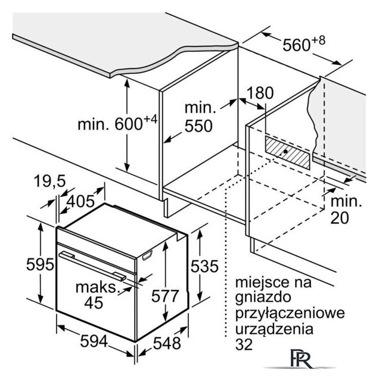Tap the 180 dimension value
click(x=259, y=93)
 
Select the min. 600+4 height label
click(x=117, y=124)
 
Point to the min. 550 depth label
click(x=199, y=117)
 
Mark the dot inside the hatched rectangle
click(x=285, y=151)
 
